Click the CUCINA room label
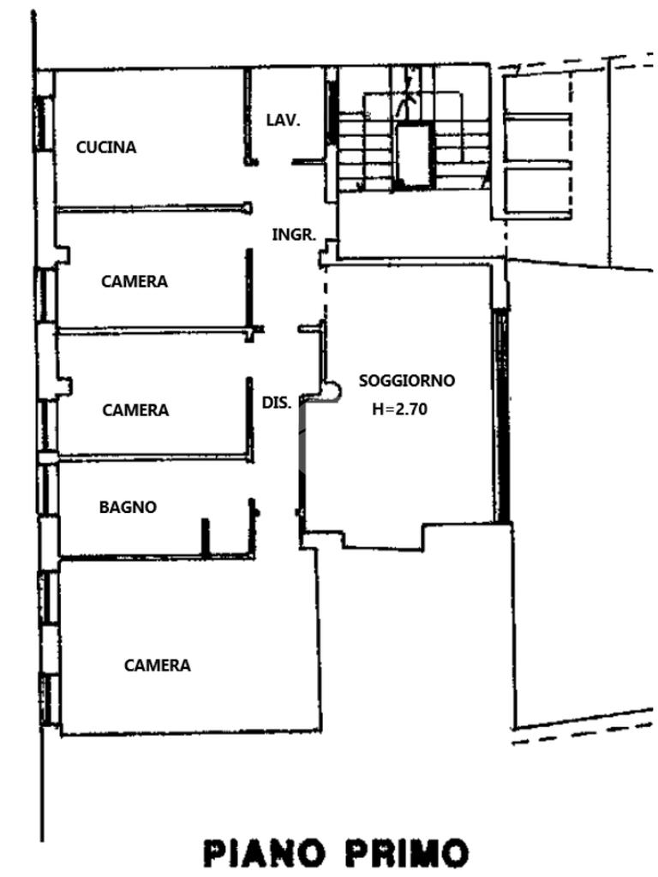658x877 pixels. (106, 147)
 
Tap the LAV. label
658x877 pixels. (283, 121)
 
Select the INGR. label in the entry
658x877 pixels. (295, 234)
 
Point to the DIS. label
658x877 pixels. (277, 402)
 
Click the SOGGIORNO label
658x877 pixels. (407, 380)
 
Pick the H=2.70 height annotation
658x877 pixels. (399, 409)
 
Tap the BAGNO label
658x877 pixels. (128, 507)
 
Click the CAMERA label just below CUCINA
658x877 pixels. (135, 281)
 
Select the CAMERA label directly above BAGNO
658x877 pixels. (135, 410)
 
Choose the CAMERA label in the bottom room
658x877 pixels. (157, 665)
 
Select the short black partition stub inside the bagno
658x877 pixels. (205, 537)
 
